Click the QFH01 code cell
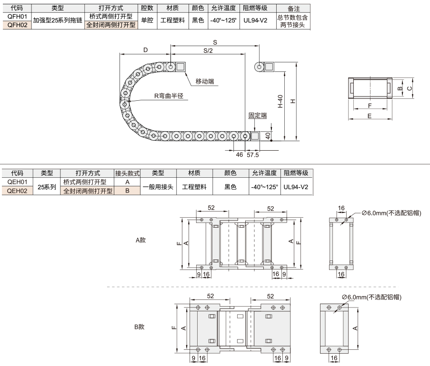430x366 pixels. click(x=17, y=17)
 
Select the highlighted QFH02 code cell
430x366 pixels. click(x=17, y=25)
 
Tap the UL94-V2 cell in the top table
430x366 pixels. click(x=255, y=20)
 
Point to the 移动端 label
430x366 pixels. click(x=205, y=81)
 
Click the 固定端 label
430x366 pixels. click(x=258, y=116)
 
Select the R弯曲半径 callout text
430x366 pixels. click(x=169, y=96)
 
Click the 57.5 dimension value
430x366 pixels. click(x=252, y=155)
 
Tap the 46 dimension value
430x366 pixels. click(x=240, y=154)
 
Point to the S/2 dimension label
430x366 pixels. click(x=208, y=51)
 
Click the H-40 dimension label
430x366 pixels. click(x=280, y=101)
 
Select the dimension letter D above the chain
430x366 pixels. click(x=145, y=50)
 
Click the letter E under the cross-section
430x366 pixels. click(x=370, y=116)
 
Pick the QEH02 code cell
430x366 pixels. click(x=17, y=191)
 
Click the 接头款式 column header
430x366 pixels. click(x=127, y=173)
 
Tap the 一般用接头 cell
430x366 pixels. click(x=158, y=187)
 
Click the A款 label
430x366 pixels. click(x=140, y=240)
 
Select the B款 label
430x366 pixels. click(x=140, y=327)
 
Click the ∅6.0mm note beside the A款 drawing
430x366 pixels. click(x=391, y=213)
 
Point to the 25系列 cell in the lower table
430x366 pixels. click(x=47, y=187)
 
